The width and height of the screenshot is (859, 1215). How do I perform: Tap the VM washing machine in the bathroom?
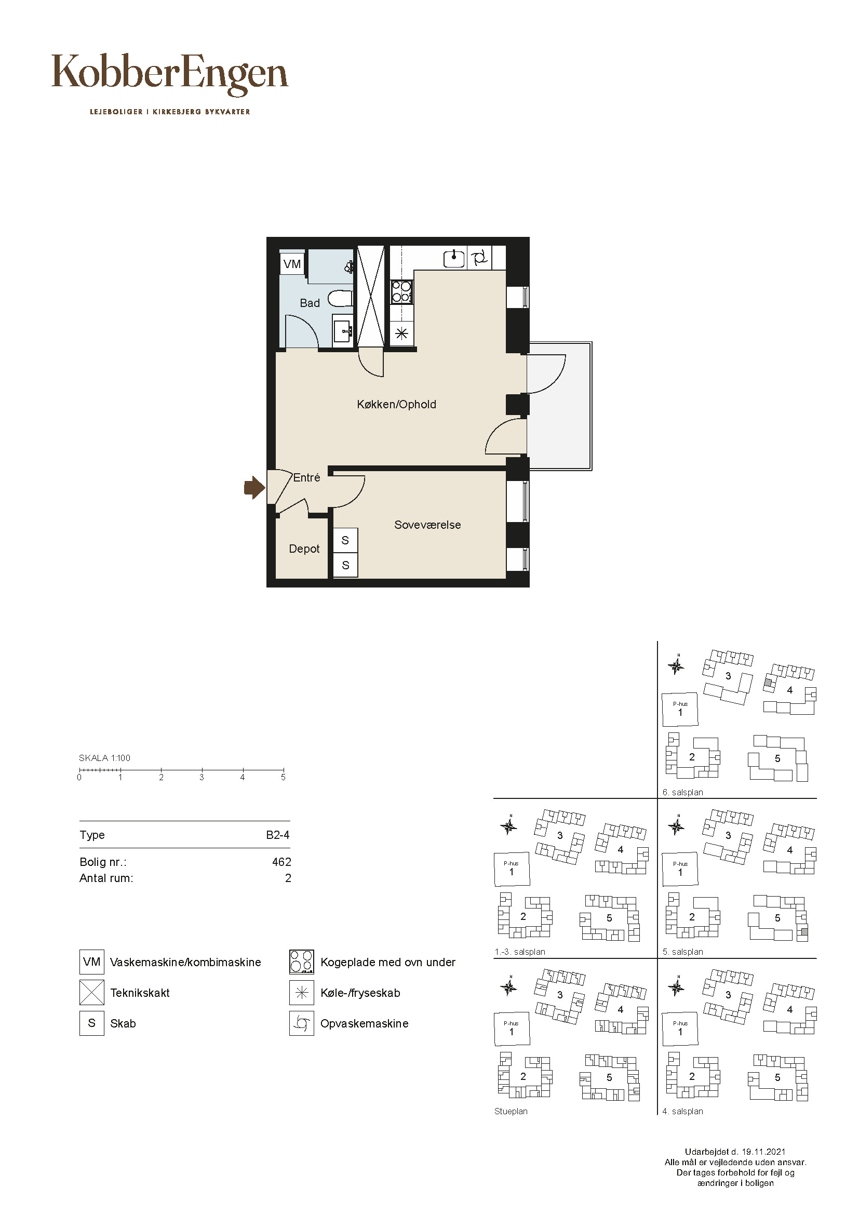(292, 263)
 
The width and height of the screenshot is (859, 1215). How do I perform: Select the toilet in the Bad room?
(340, 300)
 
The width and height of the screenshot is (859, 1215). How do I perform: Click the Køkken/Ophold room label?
(397, 404)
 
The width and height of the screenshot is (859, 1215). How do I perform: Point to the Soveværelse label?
(427, 525)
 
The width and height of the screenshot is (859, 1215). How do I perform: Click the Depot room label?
(304, 549)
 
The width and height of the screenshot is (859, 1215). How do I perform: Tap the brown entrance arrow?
(254, 487)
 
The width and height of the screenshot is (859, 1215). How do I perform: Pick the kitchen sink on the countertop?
(454, 258)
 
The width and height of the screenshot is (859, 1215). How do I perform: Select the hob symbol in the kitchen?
(401, 291)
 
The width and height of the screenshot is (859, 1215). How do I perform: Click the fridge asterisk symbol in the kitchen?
(401, 333)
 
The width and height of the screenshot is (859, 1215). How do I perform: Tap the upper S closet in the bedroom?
(345, 540)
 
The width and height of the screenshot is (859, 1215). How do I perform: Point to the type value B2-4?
(278, 835)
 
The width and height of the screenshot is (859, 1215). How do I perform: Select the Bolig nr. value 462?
(281, 862)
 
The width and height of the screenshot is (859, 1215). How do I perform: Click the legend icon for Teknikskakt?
(91, 993)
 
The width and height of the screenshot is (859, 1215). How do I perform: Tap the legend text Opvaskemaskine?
(365, 1023)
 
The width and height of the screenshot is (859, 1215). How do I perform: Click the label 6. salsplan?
(683, 792)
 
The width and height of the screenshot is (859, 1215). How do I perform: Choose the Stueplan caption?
(511, 1111)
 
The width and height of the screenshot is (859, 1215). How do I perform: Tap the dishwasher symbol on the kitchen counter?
(479, 258)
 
